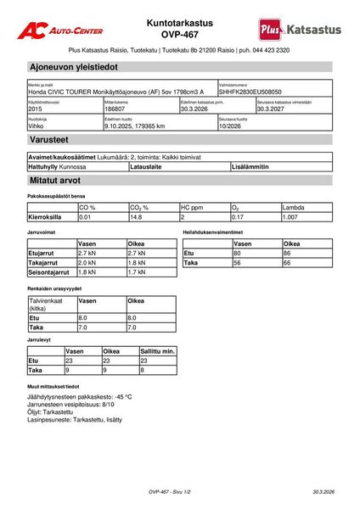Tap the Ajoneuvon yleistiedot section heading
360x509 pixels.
point(73,66)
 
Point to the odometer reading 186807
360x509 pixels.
point(115,109)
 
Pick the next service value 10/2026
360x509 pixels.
point(231,126)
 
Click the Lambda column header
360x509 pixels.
point(294,207)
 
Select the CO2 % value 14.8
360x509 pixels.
point(136,217)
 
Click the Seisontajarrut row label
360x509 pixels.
point(48,272)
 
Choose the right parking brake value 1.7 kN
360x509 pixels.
point(137,272)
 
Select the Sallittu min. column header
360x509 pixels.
point(157,350)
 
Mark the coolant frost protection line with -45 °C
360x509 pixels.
point(80,396)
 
